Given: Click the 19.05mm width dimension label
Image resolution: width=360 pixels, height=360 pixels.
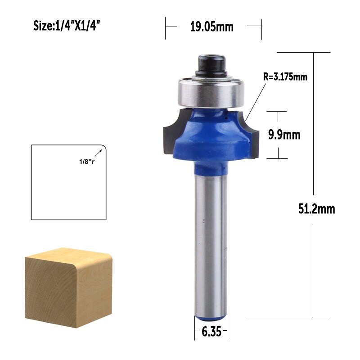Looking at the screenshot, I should [x=211, y=27].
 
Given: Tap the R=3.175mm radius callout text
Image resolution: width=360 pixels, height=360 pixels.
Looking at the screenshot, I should [x=285, y=76].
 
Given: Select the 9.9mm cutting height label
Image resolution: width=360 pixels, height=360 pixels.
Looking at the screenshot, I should [x=284, y=135].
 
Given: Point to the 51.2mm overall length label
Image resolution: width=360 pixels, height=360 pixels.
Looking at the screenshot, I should [x=317, y=209].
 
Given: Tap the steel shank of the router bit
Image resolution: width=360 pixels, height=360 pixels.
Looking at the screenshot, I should [x=210, y=243].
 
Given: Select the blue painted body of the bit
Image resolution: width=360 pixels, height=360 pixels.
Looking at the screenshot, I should [x=210, y=135].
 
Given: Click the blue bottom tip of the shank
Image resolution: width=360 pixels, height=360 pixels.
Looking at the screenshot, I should [x=210, y=317].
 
